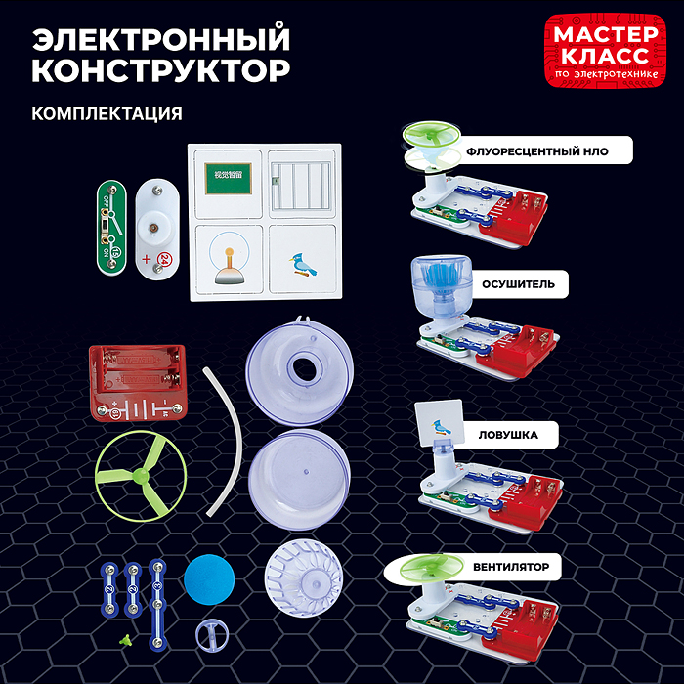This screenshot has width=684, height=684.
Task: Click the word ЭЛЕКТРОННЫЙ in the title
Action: point(161,39)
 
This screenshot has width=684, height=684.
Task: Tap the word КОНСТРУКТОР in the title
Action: point(161,72)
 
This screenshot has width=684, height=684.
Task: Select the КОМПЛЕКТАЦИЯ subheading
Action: point(107,113)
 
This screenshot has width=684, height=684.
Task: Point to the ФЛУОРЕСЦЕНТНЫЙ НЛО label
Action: point(548,151)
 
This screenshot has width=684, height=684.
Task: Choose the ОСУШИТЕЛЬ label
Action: point(518,284)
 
